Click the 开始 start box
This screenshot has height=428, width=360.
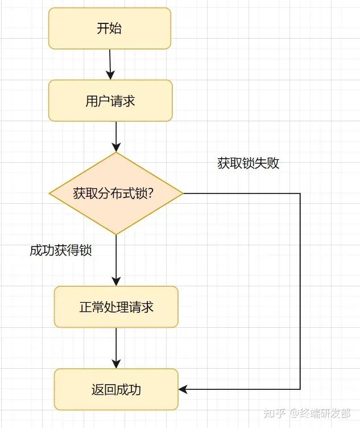[110, 28]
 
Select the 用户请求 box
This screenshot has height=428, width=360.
[110, 101]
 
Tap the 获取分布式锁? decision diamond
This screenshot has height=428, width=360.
[116, 194]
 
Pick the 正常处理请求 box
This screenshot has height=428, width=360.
[116, 307]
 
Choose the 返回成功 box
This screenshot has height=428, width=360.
[116, 389]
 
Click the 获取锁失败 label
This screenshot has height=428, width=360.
[248, 163]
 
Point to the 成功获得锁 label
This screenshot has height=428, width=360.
[61, 250]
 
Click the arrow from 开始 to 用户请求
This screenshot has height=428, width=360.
[110, 64]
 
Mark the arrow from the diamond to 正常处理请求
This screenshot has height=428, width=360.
[116, 260]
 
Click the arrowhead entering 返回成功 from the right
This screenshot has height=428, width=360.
[183, 389]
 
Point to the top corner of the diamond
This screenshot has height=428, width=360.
[116, 153]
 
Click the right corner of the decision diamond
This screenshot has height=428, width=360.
[183, 194]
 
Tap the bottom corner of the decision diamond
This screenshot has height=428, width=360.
[116, 234]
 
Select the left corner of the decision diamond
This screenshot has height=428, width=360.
[49, 194]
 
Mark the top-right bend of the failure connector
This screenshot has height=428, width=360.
[300, 194]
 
